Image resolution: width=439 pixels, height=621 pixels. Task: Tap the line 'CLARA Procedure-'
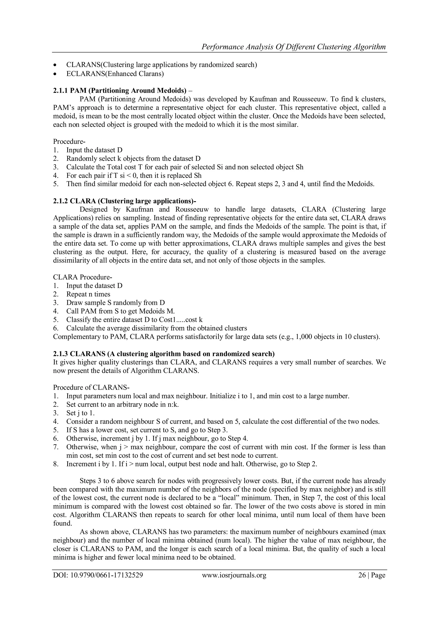[83, 277]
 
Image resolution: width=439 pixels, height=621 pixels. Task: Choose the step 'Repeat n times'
[88, 294]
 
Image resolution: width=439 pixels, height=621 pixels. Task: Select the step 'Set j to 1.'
[81, 413]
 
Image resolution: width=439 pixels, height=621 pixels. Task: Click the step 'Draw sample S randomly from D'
[115, 303]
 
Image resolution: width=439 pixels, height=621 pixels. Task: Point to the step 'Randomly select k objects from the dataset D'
[133, 158]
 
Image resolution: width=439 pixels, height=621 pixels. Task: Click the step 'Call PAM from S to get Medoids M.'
[120, 311]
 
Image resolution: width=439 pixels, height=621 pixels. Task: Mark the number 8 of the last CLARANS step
[56, 464]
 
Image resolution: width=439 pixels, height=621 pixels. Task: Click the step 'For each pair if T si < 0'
[134, 176]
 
